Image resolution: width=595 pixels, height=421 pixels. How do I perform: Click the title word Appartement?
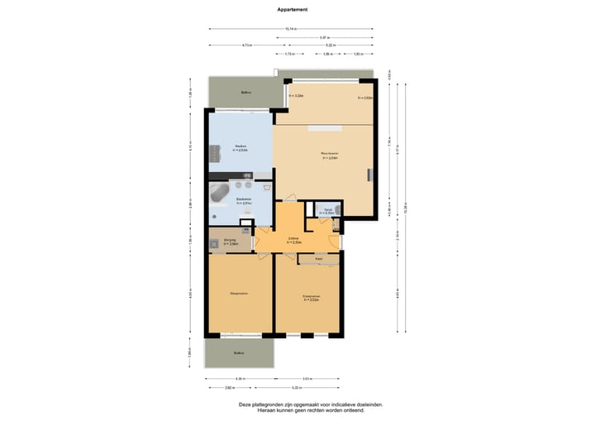pyautogui.click(x=293, y=10)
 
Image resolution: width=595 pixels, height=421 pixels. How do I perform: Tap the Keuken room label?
pyautogui.click(x=240, y=146)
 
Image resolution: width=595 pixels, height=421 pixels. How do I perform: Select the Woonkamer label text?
pyautogui.click(x=328, y=154)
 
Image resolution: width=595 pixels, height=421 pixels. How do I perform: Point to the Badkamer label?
pyautogui.click(x=244, y=199)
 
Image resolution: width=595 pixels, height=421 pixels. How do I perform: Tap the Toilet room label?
pyautogui.click(x=328, y=211)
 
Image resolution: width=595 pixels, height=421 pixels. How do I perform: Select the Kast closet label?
pyautogui.click(x=318, y=259)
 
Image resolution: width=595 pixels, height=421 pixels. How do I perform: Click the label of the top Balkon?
pyautogui.click(x=245, y=92)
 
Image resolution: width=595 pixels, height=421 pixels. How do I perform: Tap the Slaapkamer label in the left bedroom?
pyautogui.click(x=240, y=293)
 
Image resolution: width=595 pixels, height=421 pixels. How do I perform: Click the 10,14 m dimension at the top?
pyautogui.click(x=291, y=29)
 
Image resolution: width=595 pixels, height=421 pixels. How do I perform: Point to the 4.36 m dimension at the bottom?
pyautogui.click(x=240, y=379)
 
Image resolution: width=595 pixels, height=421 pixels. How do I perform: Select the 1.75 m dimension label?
pyautogui.click(x=289, y=54)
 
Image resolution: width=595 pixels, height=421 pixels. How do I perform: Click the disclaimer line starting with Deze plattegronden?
pyautogui.click(x=311, y=404)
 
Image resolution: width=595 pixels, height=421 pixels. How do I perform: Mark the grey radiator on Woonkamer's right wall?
pyautogui.click(x=370, y=175)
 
